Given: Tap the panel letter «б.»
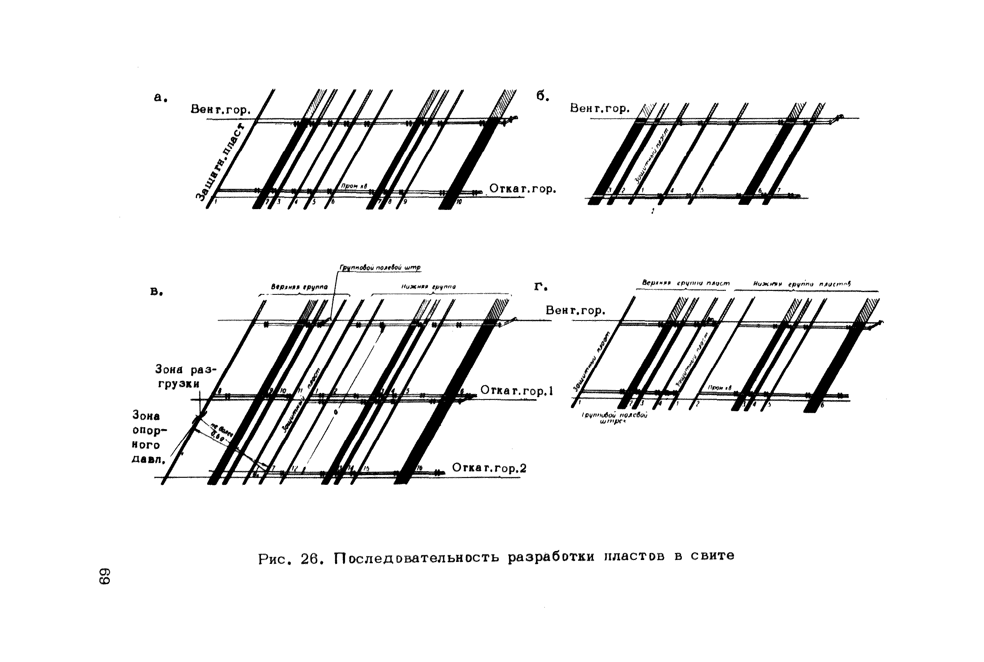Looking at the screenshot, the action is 543,96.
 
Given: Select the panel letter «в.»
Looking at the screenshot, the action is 157,291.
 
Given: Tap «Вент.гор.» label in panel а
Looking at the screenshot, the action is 221,110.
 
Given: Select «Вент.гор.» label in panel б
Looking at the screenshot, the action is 599,109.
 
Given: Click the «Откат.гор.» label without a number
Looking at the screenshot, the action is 523,189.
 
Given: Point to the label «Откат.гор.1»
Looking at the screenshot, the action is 516,391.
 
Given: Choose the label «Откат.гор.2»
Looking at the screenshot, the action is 489,468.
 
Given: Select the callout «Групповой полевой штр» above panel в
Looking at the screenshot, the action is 380,268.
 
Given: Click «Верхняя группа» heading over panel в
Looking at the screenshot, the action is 299,287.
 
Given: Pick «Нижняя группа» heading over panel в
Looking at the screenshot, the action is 428,287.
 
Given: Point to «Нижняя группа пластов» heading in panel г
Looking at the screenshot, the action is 802,284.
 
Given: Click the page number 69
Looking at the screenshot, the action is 104,576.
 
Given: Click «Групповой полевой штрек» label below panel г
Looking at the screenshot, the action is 614,418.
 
